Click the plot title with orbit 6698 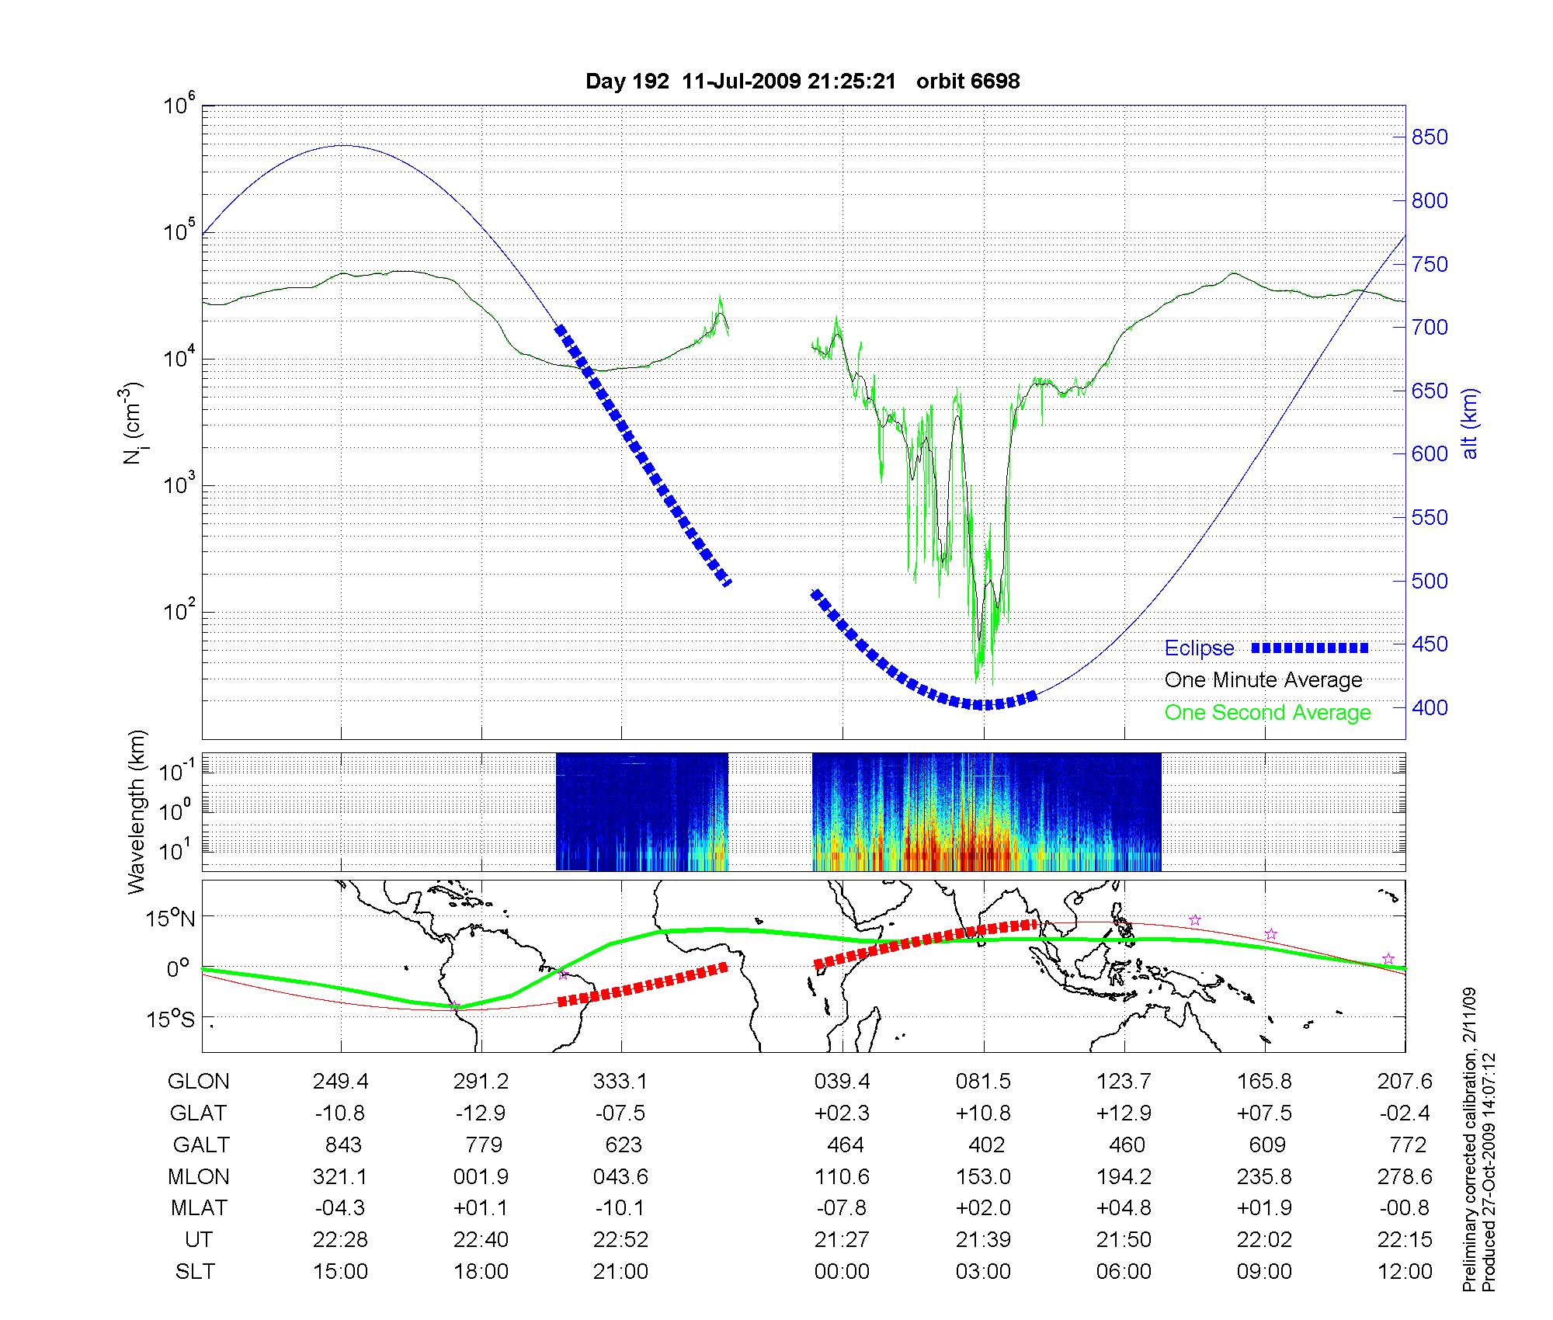click(x=802, y=81)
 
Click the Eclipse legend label click(x=1199, y=648)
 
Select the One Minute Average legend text click(x=1263, y=680)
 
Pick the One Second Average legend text click(x=1267, y=713)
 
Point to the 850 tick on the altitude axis click(x=1429, y=137)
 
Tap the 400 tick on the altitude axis click(x=1429, y=707)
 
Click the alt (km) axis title click(x=1470, y=423)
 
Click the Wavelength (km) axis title click(x=137, y=812)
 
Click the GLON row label click(x=199, y=1082)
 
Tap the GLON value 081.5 click(x=983, y=1082)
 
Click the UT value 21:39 click(x=983, y=1240)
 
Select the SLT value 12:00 click(x=1405, y=1272)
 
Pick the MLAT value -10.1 click(x=620, y=1208)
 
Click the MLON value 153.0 click(x=983, y=1177)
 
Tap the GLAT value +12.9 click(x=1124, y=1113)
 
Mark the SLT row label click(x=195, y=1272)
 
